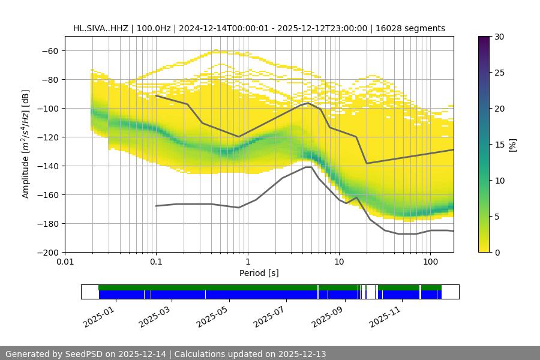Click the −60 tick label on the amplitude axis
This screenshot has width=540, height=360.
[50, 50]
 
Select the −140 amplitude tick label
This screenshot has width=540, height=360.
[47, 166]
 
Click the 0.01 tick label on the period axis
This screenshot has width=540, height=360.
[65, 262]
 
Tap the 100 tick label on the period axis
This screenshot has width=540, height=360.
[430, 262]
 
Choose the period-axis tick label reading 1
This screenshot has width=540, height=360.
[247, 262]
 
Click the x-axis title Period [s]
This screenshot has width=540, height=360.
[259, 273]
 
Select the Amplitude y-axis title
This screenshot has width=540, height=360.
[26, 144]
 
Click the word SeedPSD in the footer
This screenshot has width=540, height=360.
[82, 354]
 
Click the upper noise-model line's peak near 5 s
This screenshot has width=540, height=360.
[308, 103]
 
